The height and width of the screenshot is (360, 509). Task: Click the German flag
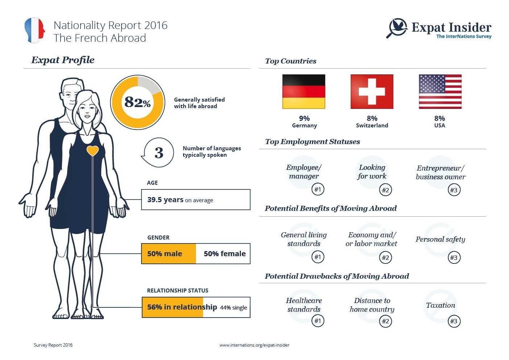tap(304, 91)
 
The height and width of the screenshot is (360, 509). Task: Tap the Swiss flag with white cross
tap(372, 91)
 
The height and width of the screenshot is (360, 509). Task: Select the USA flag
tap(440, 91)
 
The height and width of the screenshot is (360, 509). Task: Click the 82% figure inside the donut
tap(137, 102)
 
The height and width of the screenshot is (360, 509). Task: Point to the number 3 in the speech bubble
tap(159, 153)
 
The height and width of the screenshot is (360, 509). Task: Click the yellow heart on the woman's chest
tap(93, 150)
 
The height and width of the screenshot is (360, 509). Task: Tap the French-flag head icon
tap(35, 30)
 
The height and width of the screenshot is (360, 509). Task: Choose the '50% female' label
tap(225, 254)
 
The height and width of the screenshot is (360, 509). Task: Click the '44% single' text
tap(234, 307)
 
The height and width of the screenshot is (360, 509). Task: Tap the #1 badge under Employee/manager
tap(318, 189)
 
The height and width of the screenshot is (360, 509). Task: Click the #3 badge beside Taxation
tap(453, 321)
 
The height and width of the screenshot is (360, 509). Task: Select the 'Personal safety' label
tap(440, 239)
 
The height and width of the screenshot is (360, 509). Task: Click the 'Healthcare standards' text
tap(304, 305)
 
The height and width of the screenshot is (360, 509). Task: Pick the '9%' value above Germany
tap(304, 118)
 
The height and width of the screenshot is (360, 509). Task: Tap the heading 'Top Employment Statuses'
tap(312, 142)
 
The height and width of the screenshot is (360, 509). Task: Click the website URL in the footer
tap(254, 345)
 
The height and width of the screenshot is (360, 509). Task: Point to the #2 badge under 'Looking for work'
tap(385, 190)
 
